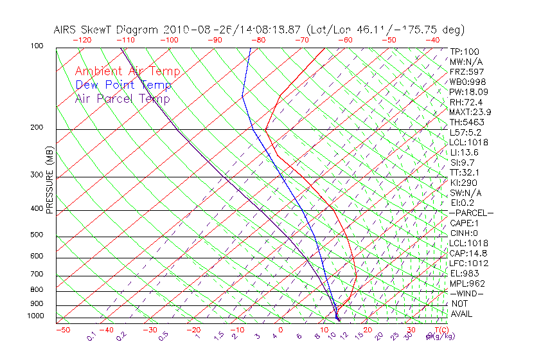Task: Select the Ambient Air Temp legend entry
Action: point(127,71)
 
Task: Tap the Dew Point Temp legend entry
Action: point(123,85)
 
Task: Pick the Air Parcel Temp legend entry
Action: point(122,98)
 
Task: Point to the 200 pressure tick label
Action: point(37,128)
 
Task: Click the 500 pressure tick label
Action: point(37,235)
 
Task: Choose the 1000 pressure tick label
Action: point(35,316)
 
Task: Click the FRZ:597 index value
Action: point(466,71)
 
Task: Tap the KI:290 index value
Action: point(463,182)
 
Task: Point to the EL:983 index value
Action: point(463,273)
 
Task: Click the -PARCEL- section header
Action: point(471,212)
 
